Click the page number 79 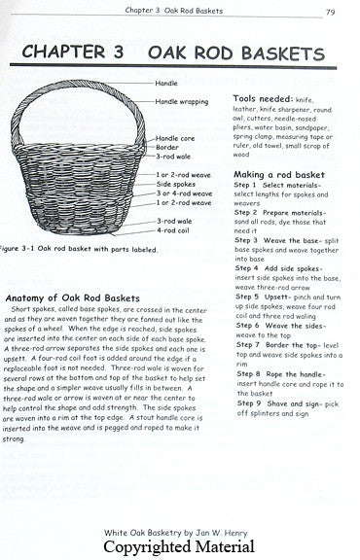[x=332, y=12]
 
